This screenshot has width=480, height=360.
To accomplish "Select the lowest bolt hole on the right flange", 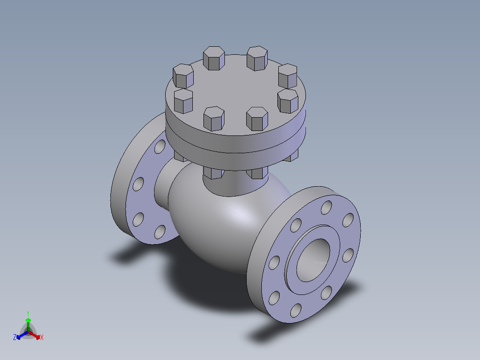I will (295, 311).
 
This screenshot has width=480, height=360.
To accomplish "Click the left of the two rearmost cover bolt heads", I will (213, 57).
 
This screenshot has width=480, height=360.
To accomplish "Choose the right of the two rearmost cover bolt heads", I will (257, 57).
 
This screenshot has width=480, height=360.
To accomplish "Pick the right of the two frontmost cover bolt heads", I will (257, 119).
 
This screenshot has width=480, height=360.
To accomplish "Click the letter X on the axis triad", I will (42, 338).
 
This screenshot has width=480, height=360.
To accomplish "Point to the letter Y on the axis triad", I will (28, 313).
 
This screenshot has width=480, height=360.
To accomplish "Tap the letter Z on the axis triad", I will (15, 338).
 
